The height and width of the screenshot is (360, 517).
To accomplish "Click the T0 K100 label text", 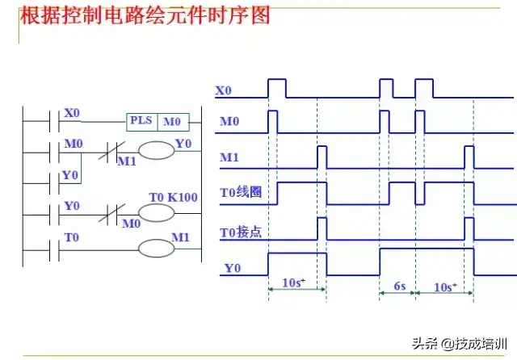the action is (x=173, y=197).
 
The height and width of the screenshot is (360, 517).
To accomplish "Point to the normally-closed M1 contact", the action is (x=112, y=152).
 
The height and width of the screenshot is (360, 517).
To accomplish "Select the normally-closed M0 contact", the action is (x=112, y=215).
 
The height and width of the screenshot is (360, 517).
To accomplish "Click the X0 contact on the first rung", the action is (x=54, y=122).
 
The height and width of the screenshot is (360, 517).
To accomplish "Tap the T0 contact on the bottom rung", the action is (x=54, y=251).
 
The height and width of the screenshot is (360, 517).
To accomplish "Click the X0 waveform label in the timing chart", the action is (x=223, y=90).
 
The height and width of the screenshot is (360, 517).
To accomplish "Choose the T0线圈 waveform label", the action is (x=241, y=191).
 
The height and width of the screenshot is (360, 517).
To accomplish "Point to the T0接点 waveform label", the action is (x=241, y=232).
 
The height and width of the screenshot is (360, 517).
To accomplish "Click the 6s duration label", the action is (x=400, y=286).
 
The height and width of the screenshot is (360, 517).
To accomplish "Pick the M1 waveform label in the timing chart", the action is (x=229, y=157).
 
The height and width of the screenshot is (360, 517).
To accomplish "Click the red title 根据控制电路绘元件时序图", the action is (x=145, y=15).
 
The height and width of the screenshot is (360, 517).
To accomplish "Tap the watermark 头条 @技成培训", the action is (x=460, y=344).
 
